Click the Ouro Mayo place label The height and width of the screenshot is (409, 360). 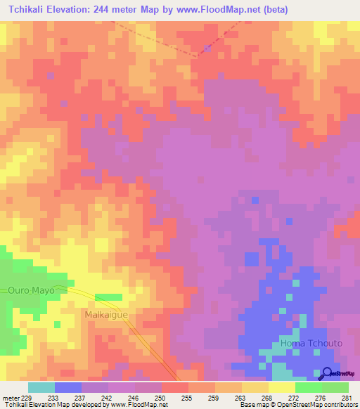click(31, 290)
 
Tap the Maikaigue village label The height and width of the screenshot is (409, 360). click(107, 314)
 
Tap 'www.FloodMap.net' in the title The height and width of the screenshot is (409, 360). click(207, 9)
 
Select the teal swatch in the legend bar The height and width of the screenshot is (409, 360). click(41, 387)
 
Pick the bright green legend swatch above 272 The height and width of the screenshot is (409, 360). click(308, 387)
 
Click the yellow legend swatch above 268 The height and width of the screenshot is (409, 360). click(255, 387)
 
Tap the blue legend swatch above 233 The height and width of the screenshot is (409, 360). click(68, 387)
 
